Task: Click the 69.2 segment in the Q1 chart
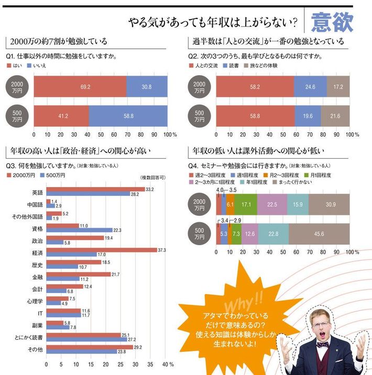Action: [80, 86]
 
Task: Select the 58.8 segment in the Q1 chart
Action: [128, 115]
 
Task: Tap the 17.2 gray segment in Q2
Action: [338, 86]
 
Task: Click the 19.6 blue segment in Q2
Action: [307, 115]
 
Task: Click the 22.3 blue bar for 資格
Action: [79, 230]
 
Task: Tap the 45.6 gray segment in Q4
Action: [319, 234]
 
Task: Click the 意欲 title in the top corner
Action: [332, 22]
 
